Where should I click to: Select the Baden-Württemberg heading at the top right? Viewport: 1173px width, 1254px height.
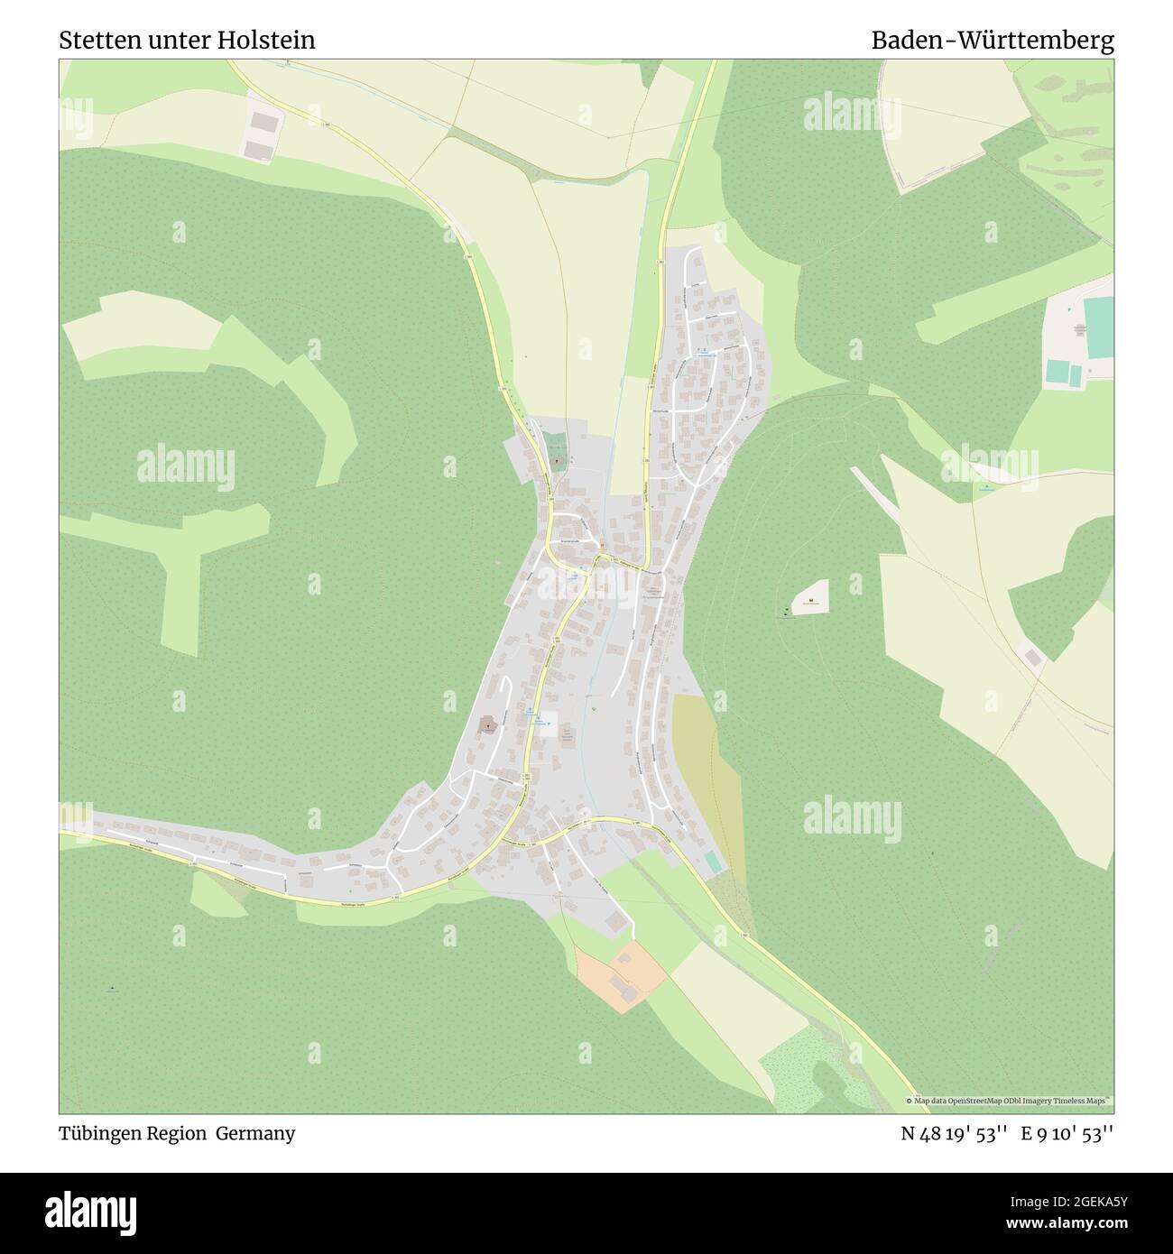[x=992, y=41]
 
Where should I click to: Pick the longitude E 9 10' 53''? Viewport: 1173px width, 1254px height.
[x=1067, y=1133]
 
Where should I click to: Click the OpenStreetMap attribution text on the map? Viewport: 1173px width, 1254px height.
[x=1010, y=1102]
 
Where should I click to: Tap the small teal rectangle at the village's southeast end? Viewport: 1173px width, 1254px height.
[x=713, y=862]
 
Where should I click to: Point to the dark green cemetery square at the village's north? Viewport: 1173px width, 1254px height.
[x=556, y=445]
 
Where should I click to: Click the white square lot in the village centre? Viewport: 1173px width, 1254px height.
[x=546, y=719]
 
